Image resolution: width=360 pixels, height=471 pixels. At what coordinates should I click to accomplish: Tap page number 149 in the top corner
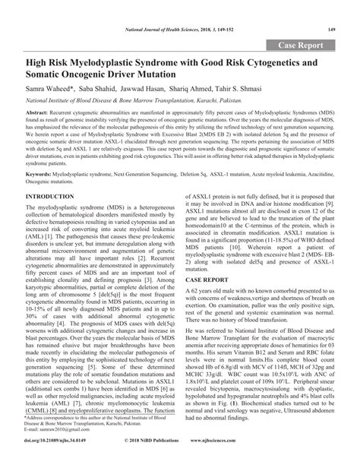click(331, 30)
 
